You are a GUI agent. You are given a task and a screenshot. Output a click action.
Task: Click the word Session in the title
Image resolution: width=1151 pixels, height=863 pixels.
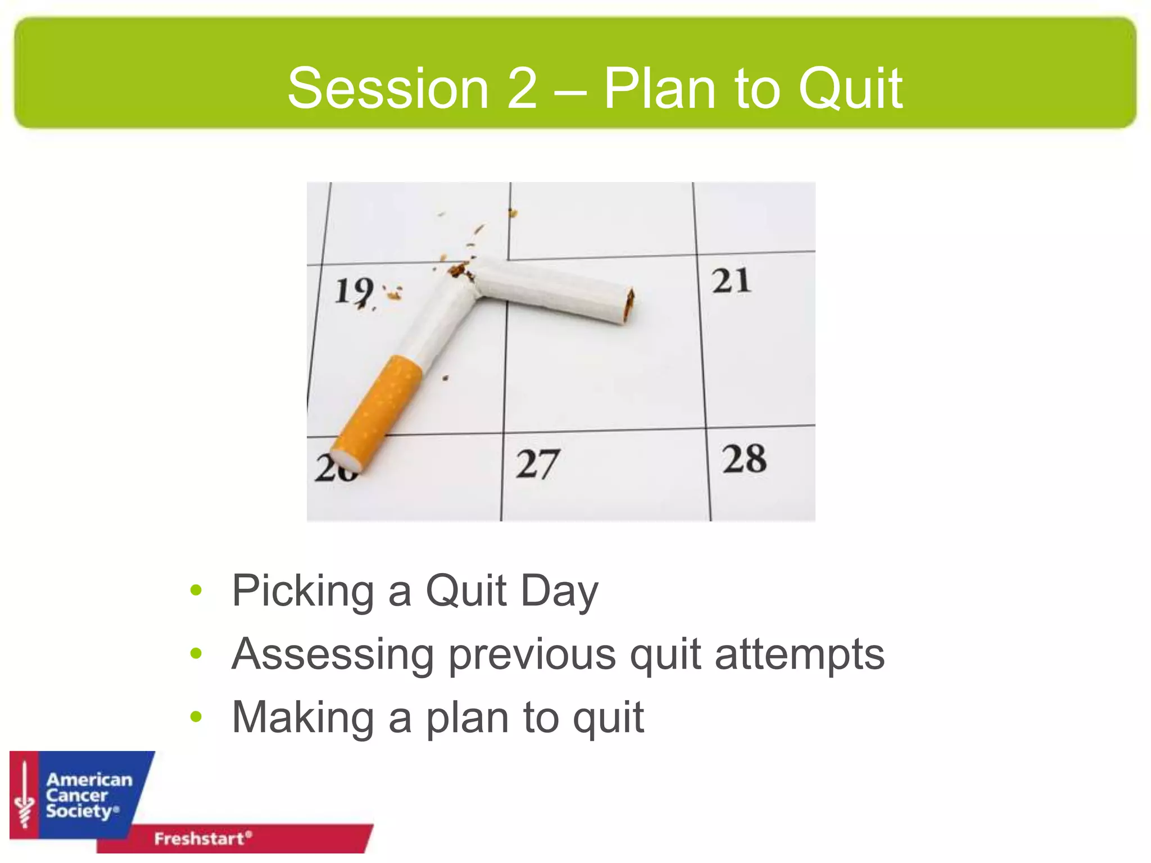[388, 88]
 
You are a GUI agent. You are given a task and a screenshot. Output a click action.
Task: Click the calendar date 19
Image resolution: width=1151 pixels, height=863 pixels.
[354, 291]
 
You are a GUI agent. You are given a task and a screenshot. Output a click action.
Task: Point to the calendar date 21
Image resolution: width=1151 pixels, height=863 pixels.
[730, 280]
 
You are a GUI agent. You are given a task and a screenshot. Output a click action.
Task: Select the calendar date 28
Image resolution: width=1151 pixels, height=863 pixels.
[744, 458]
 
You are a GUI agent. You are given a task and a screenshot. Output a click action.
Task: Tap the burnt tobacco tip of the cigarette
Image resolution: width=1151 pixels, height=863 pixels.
[629, 306]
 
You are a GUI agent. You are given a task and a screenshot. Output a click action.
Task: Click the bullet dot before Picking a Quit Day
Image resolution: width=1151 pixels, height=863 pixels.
[196, 590]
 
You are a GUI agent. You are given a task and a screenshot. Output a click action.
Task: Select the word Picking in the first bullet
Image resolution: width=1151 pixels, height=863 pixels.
[302, 591]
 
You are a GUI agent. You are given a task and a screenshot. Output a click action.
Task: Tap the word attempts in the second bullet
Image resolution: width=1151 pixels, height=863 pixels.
[799, 655]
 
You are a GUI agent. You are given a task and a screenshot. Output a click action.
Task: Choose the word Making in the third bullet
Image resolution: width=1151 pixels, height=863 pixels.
[302, 717]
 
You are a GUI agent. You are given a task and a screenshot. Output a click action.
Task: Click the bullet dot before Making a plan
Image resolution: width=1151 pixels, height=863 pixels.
[196, 716]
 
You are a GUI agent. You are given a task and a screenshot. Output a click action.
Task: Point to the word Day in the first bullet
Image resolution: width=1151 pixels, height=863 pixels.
[559, 591]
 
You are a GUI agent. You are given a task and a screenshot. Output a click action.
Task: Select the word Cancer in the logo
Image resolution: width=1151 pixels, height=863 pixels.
[76, 796]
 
